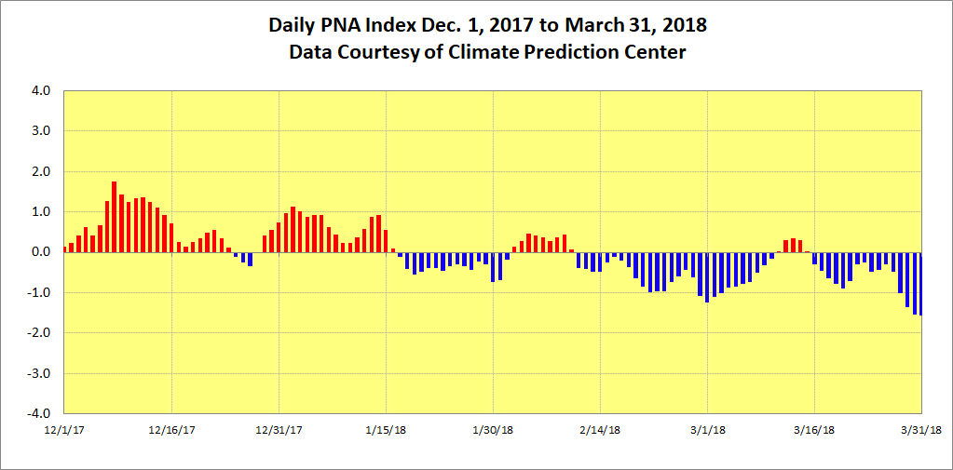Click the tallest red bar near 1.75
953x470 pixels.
click(114, 217)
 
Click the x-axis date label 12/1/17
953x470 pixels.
click(64, 430)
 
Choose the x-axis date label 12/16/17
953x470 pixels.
click(171, 430)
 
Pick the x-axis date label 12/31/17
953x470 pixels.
click(279, 430)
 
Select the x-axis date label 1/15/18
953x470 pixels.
click(386, 430)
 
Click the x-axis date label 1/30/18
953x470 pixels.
click(493, 430)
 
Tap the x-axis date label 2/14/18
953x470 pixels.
click(601, 430)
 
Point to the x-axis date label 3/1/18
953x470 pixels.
click(708, 430)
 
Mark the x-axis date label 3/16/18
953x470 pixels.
click(815, 430)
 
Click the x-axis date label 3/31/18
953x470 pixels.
click(922, 430)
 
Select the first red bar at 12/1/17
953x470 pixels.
click(64, 249)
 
